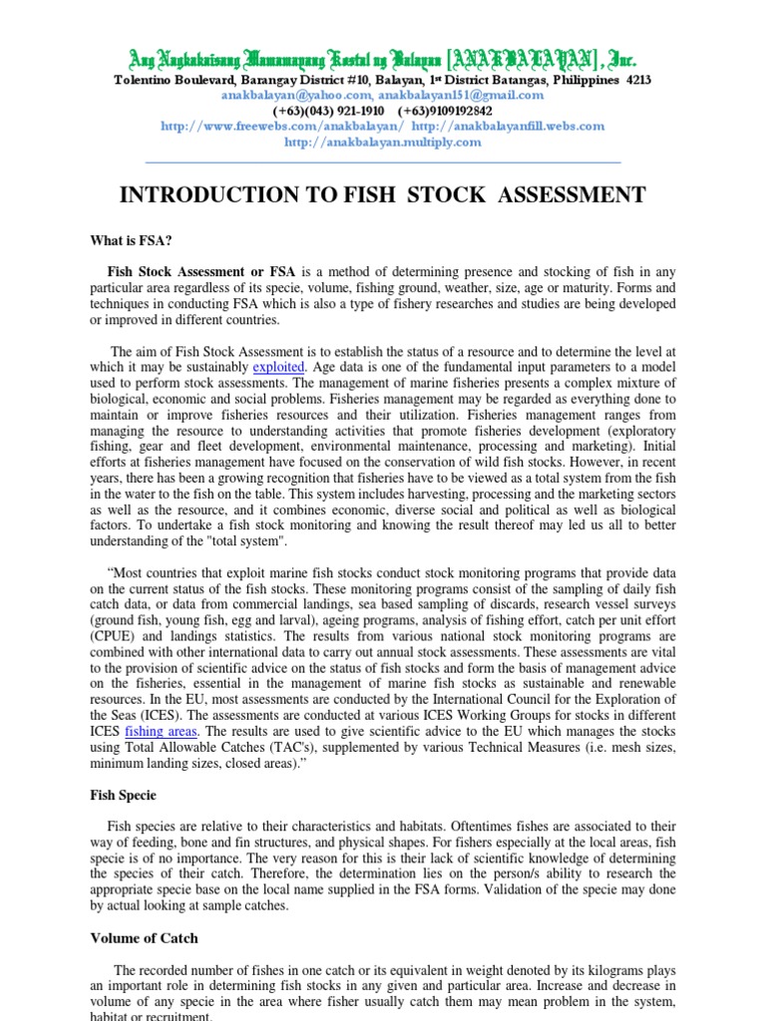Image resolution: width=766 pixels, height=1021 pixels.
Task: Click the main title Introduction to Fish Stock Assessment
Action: click(382, 195)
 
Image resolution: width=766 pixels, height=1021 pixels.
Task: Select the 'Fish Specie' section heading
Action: click(124, 796)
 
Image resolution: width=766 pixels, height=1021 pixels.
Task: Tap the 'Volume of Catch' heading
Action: click(145, 938)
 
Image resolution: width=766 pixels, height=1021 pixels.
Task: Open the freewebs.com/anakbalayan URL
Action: click(283, 127)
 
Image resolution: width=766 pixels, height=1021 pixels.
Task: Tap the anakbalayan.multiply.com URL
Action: click(383, 142)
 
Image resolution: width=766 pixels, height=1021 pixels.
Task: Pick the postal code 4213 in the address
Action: click(638, 80)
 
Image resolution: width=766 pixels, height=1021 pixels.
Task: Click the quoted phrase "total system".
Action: click(244, 541)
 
